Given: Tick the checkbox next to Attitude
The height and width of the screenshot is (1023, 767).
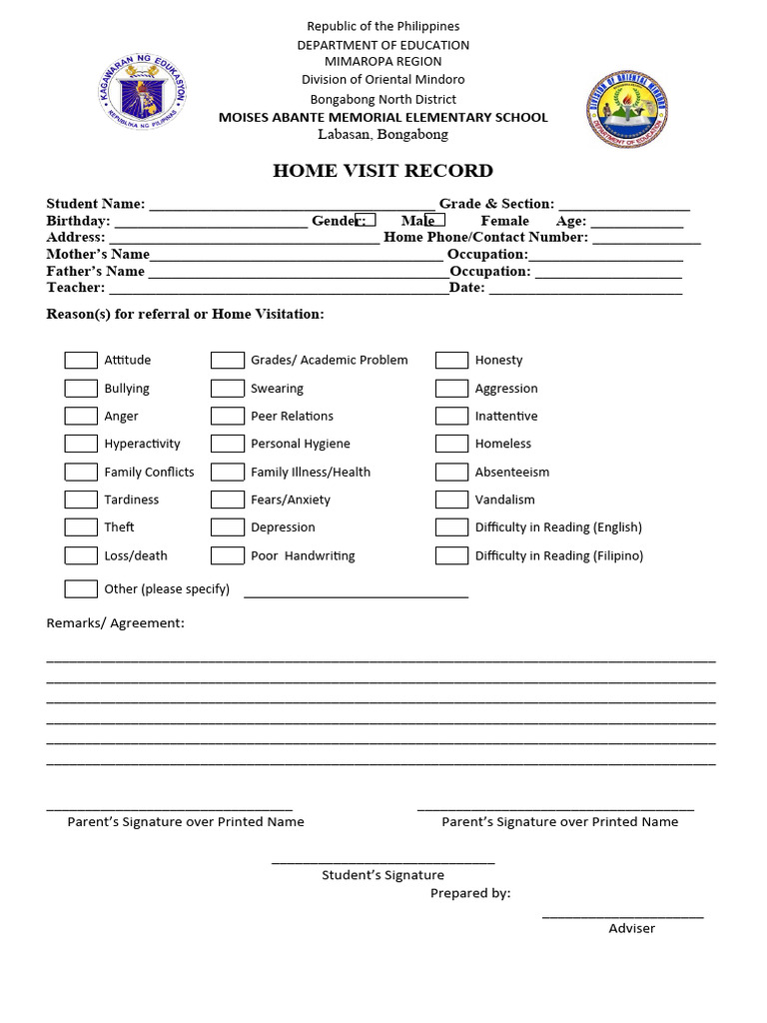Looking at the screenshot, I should (x=81, y=361).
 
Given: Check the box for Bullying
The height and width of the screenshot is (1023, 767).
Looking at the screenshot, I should (x=81, y=389).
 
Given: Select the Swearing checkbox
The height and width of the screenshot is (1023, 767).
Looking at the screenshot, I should (x=228, y=389).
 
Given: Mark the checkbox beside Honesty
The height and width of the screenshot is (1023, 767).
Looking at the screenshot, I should (x=451, y=361).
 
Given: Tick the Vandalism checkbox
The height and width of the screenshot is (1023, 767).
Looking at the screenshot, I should (x=451, y=500).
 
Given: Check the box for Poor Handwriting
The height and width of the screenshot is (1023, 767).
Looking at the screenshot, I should (x=228, y=555).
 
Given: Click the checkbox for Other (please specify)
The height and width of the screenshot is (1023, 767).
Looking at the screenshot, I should (x=81, y=588).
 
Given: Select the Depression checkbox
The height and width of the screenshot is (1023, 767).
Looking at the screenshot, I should (x=228, y=527).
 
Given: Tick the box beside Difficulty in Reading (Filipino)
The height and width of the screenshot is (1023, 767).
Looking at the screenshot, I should (x=451, y=555).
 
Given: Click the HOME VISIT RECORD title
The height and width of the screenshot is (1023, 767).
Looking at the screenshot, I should (x=383, y=171).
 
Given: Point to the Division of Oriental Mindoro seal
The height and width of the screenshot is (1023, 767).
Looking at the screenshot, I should (x=626, y=109).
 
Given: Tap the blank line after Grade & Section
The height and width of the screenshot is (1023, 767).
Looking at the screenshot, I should (x=623, y=206).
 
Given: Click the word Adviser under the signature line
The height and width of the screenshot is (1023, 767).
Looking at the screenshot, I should (x=632, y=928).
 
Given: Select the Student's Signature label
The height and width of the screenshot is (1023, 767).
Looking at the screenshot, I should (x=383, y=875).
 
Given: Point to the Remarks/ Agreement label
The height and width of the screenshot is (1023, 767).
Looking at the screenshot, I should (x=116, y=623).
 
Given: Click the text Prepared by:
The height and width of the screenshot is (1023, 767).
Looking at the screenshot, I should (x=470, y=893).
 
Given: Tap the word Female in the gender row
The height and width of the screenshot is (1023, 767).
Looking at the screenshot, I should (x=505, y=221).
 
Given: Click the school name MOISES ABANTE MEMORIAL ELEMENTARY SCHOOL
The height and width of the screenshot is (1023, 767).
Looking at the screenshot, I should (x=383, y=118).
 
